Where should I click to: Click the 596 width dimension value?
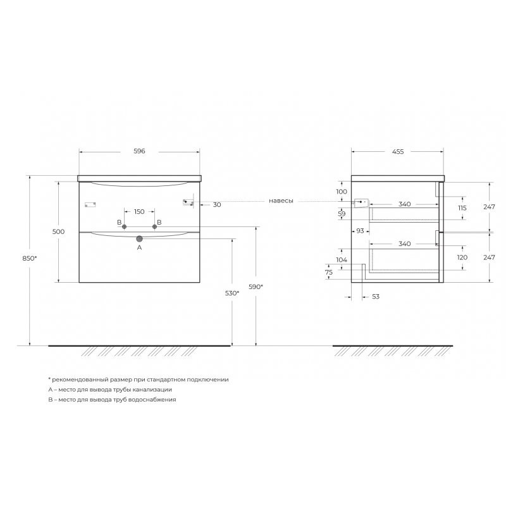[139, 151]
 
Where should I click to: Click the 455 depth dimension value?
[398, 151]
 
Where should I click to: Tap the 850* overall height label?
[30, 258]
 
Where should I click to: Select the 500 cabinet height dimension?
[58, 231]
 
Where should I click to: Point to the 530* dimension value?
[232, 293]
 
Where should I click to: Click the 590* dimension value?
[256, 287]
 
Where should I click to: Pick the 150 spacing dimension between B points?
[139, 212]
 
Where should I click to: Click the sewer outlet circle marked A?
[139, 239]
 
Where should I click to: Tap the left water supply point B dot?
[124, 227]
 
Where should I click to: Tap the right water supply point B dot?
[154, 227]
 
